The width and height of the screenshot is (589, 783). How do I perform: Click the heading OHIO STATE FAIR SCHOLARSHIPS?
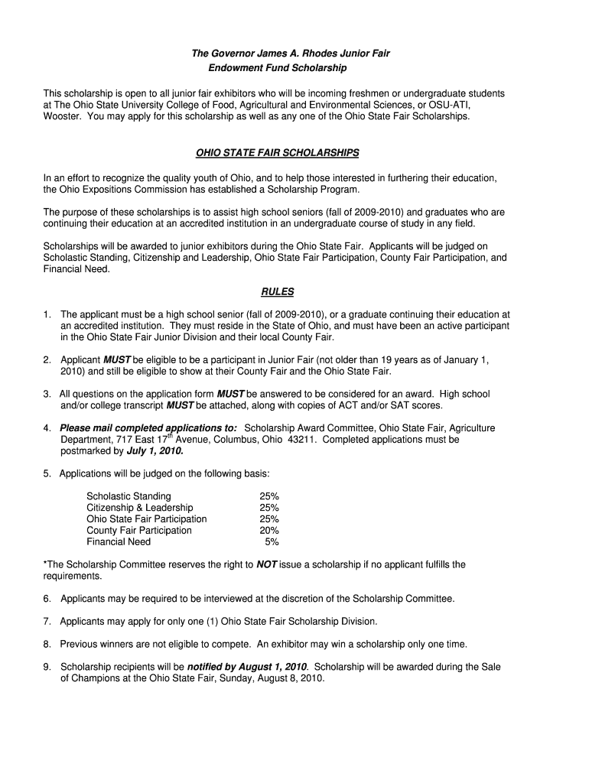point(277,153)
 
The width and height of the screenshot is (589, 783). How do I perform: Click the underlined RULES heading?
point(277,291)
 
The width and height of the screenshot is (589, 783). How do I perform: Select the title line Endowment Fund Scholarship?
point(278,68)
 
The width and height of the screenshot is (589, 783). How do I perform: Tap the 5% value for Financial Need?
point(272,542)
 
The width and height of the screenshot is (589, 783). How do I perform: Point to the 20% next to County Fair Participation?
point(268,531)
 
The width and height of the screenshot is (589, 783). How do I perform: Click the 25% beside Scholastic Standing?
point(268,496)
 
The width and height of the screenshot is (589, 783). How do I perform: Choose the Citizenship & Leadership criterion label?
point(140,508)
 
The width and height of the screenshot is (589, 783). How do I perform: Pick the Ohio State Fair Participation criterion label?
point(147,519)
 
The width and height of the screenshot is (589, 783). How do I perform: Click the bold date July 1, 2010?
point(155,451)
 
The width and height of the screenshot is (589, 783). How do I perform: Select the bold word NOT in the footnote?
point(266,565)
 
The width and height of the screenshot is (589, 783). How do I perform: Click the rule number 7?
point(47,622)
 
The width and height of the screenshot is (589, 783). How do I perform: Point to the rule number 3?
point(47,394)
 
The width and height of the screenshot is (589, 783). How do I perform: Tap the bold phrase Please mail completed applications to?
point(148,428)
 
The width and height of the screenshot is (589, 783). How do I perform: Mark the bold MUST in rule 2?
point(117,360)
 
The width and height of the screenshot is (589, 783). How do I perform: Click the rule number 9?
point(47,667)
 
